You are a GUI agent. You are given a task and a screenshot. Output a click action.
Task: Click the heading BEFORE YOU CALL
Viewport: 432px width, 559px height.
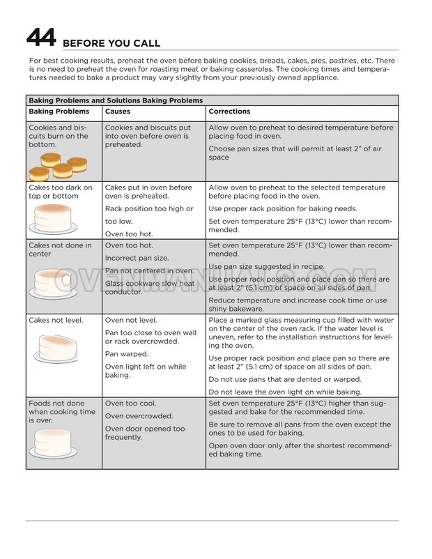(111, 43)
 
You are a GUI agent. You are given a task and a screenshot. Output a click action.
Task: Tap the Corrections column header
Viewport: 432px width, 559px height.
(229, 112)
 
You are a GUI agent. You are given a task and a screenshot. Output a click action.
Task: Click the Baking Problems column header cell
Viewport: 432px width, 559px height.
(59, 112)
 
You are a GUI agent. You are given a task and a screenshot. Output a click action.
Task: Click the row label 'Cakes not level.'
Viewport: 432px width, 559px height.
(56, 320)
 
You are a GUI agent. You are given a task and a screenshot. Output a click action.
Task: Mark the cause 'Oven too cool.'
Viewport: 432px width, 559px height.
(130, 404)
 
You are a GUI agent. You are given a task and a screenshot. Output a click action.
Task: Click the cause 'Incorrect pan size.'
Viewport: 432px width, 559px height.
(137, 258)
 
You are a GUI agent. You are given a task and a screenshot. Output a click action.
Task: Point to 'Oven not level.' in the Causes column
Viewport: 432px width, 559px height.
(130, 320)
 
